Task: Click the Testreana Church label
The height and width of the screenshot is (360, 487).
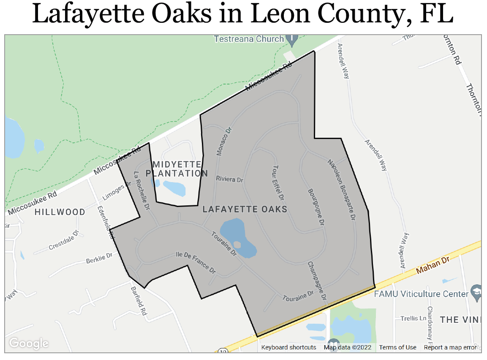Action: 249,39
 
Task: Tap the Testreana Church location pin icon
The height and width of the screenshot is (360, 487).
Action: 291,40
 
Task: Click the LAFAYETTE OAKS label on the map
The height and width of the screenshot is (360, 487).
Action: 245,209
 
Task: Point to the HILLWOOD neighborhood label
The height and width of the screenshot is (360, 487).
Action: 60,212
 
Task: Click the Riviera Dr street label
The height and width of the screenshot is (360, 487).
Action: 229,179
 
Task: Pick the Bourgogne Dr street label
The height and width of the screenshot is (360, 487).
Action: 316,206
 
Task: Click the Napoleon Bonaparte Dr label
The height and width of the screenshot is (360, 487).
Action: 342,189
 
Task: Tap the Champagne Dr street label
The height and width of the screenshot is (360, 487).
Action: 317,281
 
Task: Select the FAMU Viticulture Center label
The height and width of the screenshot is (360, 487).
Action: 421,294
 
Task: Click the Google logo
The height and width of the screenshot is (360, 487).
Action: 29,343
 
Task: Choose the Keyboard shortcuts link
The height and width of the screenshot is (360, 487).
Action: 288,347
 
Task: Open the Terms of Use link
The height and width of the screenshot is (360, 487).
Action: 397,347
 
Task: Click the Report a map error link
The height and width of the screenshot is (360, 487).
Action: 450,347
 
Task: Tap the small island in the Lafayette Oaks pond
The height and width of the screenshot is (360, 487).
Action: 237,245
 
